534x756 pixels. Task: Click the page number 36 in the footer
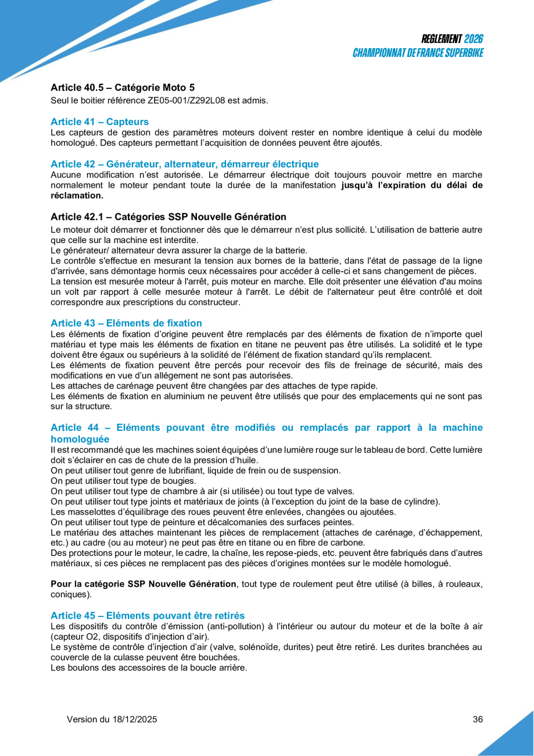coord(478,719)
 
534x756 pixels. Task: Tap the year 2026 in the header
coord(474,40)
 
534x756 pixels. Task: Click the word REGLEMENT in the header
coord(442,40)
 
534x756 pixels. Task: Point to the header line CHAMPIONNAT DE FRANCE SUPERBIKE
coord(418,53)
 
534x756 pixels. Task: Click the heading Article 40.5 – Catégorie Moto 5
coord(123,88)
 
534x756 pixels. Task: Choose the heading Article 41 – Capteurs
coord(99,122)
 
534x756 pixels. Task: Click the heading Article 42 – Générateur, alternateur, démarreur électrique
coord(184,164)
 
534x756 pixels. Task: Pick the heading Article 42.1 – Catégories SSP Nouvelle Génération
coord(168,217)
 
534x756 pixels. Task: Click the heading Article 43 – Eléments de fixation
coord(126,323)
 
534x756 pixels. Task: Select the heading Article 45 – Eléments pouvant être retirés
coord(148,615)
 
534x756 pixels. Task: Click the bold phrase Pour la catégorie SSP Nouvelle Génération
coord(144,584)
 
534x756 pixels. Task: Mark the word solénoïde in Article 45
coord(261,647)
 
